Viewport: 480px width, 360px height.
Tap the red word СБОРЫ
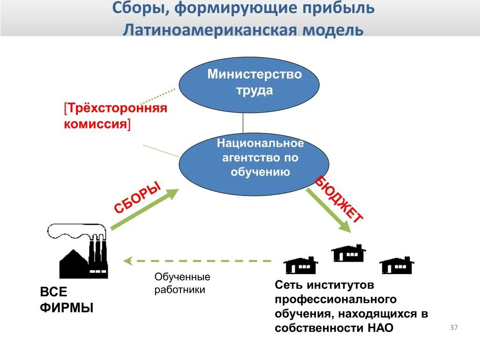[137, 198]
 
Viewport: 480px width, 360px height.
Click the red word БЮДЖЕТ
[338, 199]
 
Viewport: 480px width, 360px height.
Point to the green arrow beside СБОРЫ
[145, 209]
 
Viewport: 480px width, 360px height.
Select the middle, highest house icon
[348, 253]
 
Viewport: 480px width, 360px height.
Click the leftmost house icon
[300, 265]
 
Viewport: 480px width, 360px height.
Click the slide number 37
[454, 328]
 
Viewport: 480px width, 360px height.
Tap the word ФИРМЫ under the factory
[67, 308]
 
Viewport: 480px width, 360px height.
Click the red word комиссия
[95, 124]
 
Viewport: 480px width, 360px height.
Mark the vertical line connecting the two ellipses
[243, 123]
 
